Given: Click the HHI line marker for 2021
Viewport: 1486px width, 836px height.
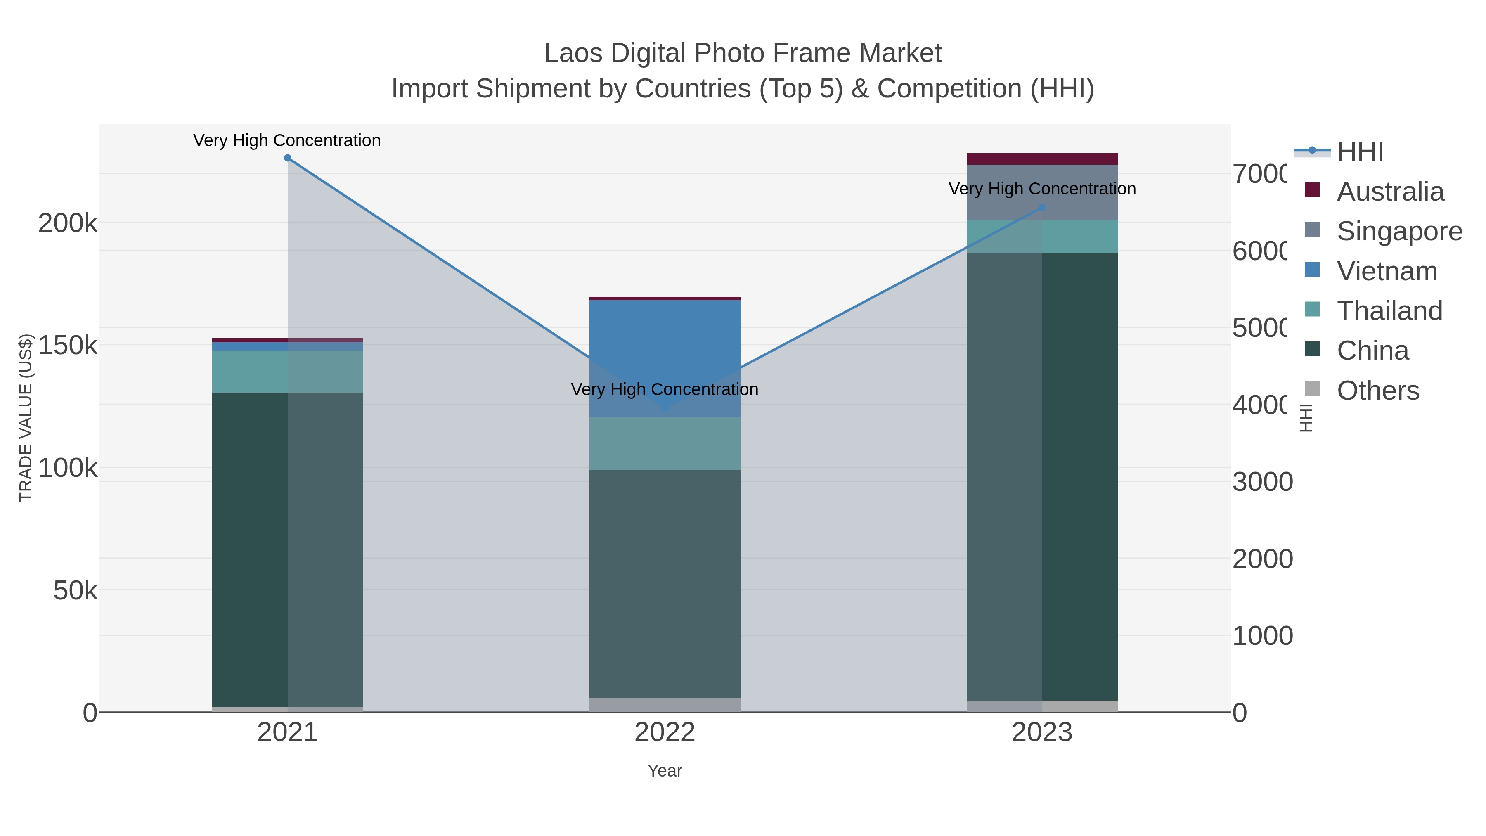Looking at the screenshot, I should (288, 158).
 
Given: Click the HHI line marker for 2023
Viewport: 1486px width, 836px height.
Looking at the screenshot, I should (1042, 208).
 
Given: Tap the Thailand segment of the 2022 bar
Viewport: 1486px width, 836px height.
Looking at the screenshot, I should (665, 444).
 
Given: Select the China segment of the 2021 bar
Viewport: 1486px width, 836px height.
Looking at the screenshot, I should (288, 548).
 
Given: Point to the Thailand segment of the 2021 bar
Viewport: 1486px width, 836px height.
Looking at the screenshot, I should (288, 372).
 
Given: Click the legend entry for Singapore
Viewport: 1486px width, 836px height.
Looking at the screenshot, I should (1399, 231).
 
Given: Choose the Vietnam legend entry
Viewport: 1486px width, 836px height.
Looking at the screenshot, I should (1386, 271).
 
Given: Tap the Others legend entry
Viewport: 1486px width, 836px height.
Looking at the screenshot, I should (1377, 391).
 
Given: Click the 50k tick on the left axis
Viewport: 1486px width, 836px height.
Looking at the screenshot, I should (75, 591).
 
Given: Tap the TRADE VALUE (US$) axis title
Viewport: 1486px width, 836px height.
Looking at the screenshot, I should (26, 418).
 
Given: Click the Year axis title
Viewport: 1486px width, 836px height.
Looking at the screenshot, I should (665, 771).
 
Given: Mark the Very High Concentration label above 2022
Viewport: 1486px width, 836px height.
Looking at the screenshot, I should (665, 389).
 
